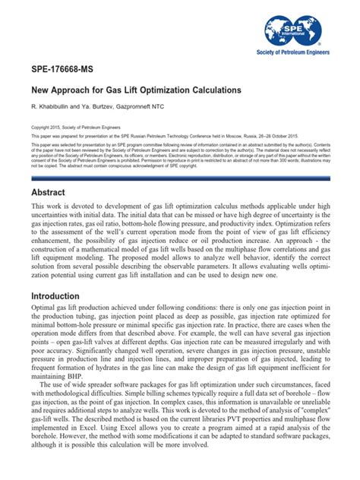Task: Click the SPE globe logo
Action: (294, 30)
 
